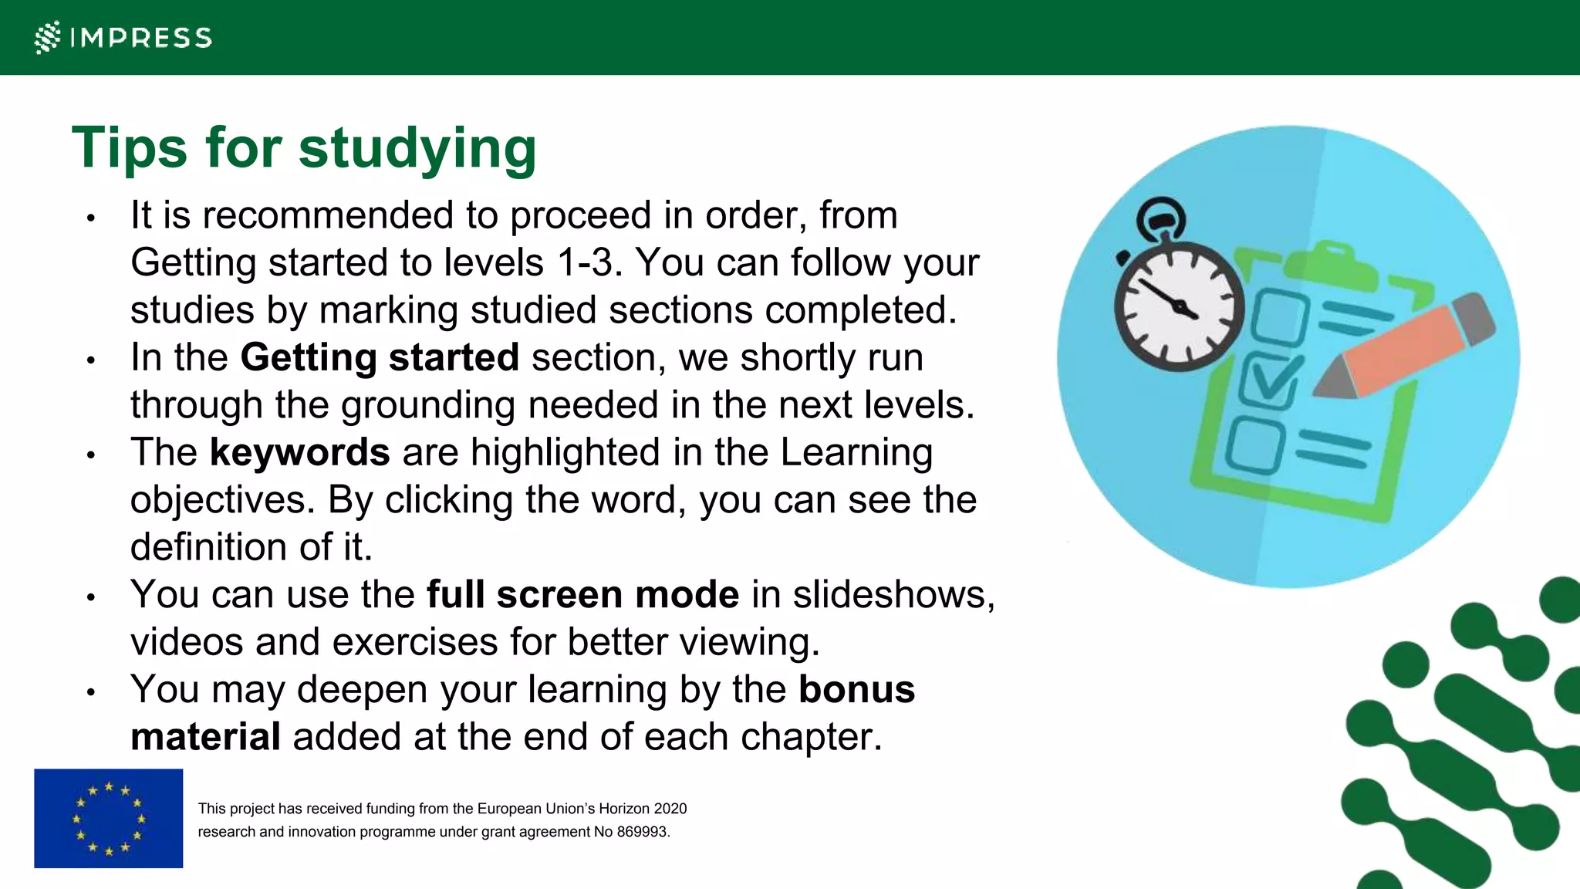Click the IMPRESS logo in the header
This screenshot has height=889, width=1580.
click(x=123, y=37)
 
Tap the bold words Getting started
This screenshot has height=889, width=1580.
click(x=379, y=357)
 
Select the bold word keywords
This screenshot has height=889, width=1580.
click(x=299, y=452)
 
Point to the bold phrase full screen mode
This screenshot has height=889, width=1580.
click(x=582, y=595)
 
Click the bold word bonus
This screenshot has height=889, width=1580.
click(x=856, y=689)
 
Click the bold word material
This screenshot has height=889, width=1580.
click(x=205, y=737)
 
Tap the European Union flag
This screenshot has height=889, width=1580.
click(x=109, y=818)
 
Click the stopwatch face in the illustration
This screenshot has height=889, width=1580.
click(x=1179, y=306)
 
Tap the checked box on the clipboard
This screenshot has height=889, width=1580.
click(x=1268, y=380)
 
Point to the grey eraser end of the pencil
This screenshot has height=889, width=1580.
click(x=1474, y=316)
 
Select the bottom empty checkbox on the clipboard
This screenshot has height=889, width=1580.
click(x=1255, y=445)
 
